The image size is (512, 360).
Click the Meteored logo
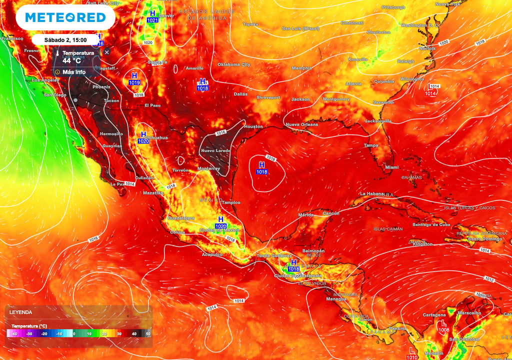point(65,17)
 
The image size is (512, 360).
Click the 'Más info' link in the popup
point(73,72)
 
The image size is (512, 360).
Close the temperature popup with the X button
point(106,52)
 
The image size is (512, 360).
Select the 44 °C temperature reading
point(71,61)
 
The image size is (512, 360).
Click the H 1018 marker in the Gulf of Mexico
point(262,168)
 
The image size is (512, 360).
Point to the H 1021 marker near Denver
point(152,16)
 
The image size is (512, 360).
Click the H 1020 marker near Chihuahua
point(143,137)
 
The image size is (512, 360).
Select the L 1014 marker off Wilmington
point(430,90)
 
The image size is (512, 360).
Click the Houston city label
point(253,126)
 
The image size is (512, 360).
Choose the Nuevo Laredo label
point(215,150)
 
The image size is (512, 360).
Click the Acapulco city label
point(212,254)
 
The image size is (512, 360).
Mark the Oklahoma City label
point(234,64)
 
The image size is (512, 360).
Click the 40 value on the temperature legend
point(134,333)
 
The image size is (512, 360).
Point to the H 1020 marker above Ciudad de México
point(221,222)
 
